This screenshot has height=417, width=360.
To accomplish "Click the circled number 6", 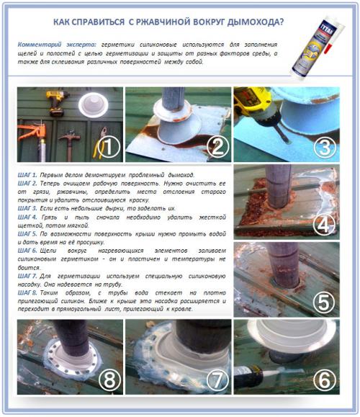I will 325,377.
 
